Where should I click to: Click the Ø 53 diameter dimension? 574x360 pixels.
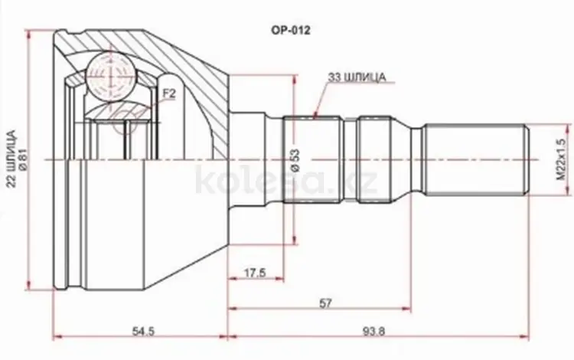294,158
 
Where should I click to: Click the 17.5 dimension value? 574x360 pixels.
255,272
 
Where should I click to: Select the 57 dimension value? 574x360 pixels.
326,303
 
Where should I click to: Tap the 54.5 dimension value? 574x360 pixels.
139,331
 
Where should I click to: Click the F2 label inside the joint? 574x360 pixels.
169,95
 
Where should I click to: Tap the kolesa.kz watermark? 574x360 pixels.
286,182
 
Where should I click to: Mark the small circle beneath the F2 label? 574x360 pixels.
127,123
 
